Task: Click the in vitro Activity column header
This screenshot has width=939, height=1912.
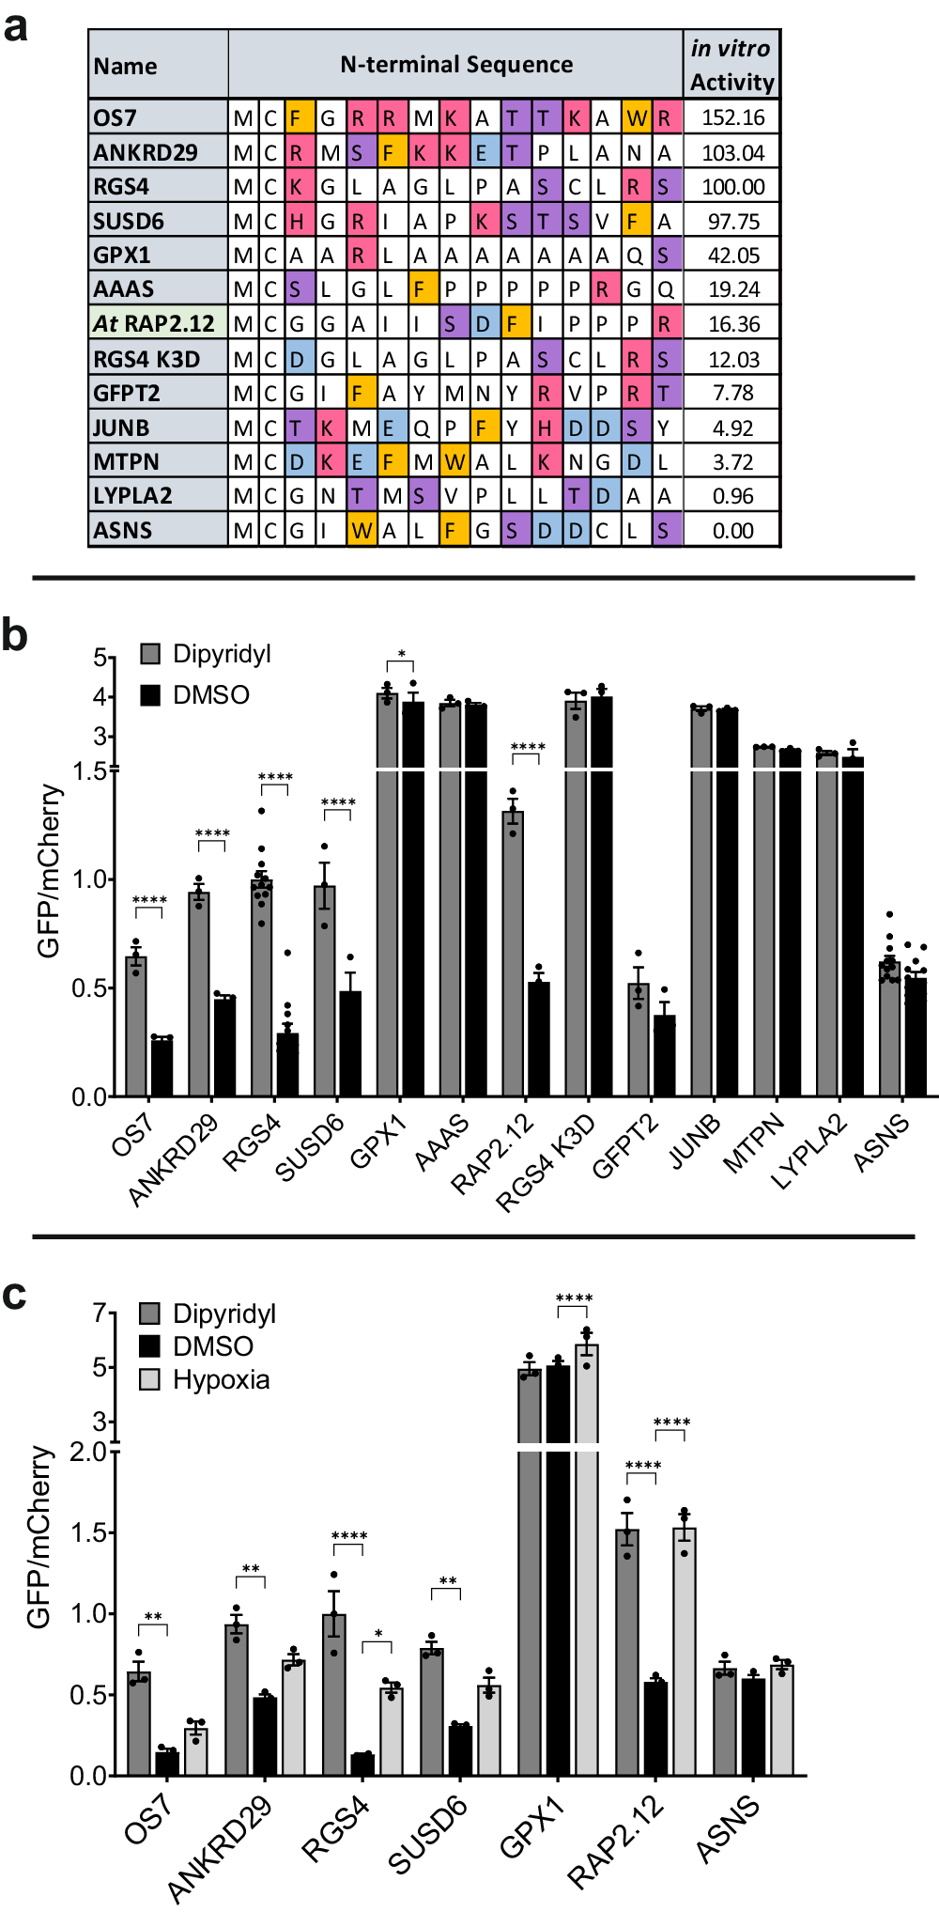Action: pos(731,65)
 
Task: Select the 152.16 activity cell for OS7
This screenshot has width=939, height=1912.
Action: pos(732,117)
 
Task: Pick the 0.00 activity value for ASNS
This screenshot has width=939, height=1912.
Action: pos(732,531)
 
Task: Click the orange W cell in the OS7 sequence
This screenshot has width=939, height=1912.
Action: pos(637,118)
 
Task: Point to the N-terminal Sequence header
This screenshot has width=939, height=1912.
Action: pos(456,65)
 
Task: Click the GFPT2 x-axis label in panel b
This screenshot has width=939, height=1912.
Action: pos(625,1147)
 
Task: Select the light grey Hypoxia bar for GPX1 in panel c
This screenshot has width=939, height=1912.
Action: pos(587,1560)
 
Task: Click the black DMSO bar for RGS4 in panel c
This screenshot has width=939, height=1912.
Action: pos(362,1764)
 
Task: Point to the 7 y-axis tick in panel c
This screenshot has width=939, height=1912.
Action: pos(100,1313)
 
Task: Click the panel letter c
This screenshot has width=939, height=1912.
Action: pos(14,1295)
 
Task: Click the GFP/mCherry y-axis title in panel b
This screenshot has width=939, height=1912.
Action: pos(49,872)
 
